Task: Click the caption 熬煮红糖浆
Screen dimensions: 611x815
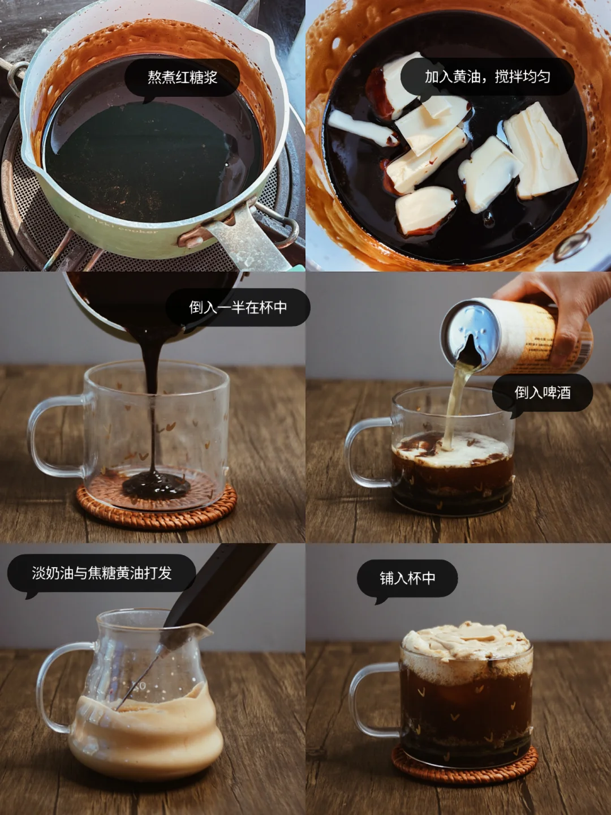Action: (x=182, y=77)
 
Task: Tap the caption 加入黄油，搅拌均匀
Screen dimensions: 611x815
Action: (x=487, y=77)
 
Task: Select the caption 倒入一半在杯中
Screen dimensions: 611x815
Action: (x=238, y=307)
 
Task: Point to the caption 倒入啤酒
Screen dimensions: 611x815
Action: (x=543, y=392)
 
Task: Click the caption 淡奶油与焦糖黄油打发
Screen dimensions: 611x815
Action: (x=102, y=573)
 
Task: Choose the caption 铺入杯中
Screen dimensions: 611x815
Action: (x=407, y=578)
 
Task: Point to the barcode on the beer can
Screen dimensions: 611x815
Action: (x=584, y=355)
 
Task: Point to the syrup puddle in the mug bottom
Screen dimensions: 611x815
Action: (x=156, y=484)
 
